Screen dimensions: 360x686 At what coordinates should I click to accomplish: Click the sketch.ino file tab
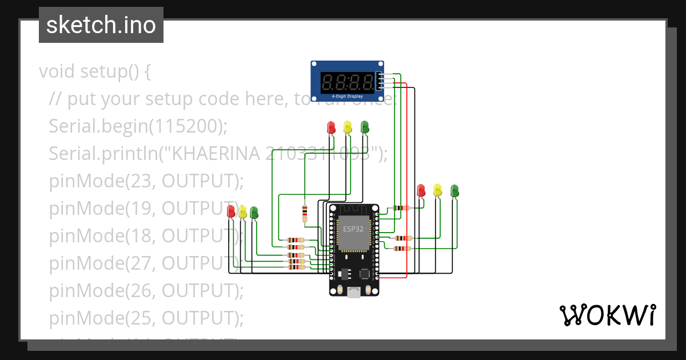[101, 25]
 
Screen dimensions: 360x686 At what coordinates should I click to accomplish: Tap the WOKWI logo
[607, 315]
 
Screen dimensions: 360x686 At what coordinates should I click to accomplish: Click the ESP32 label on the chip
[352, 228]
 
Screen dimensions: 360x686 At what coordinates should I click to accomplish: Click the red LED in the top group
[330, 127]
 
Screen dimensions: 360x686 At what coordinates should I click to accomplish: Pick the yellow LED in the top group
[348, 127]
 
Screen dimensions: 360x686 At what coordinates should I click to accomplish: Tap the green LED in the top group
[365, 127]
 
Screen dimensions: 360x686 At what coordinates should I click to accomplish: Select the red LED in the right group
[421, 190]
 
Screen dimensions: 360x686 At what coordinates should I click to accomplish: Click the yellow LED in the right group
[438, 190]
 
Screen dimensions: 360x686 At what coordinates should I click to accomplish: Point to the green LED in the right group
[454, 190]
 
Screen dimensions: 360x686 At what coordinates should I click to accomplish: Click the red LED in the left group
[232, 211]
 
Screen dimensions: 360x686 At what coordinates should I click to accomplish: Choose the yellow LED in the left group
[242, 212]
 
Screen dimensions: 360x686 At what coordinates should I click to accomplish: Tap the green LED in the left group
[254, 213]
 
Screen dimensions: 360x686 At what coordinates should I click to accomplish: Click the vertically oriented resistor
[304, 213]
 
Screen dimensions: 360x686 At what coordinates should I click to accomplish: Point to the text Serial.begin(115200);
[138, 126]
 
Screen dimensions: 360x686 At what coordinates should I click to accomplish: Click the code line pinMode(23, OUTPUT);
[146, 181]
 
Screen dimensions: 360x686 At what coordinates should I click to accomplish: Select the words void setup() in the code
[89, 72]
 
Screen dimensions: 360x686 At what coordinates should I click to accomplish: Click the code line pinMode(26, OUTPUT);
[146, 290]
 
